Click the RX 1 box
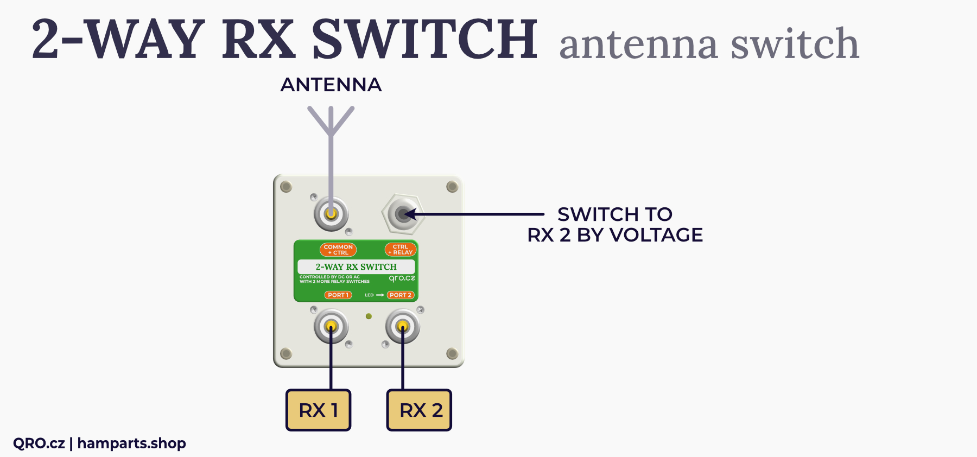(318, 410)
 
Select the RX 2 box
(419, 410)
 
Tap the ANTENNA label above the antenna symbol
(331, 85)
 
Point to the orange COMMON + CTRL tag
(338, 250)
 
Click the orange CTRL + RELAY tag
(401, 250)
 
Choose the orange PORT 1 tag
(338, 295)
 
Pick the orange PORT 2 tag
(401, 295)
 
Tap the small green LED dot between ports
(369, 316)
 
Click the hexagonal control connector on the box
(402, 214)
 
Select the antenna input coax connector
(331, 214)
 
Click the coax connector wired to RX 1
(331, 327)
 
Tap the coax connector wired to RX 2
(402, 327)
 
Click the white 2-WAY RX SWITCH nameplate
(356, 266)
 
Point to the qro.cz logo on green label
(402, 278)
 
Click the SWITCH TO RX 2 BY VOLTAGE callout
(615, 225)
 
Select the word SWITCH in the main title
(424, 39)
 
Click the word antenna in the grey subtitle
(638, 45)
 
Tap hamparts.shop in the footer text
(132, 443)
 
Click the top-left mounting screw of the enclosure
(286, 187)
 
